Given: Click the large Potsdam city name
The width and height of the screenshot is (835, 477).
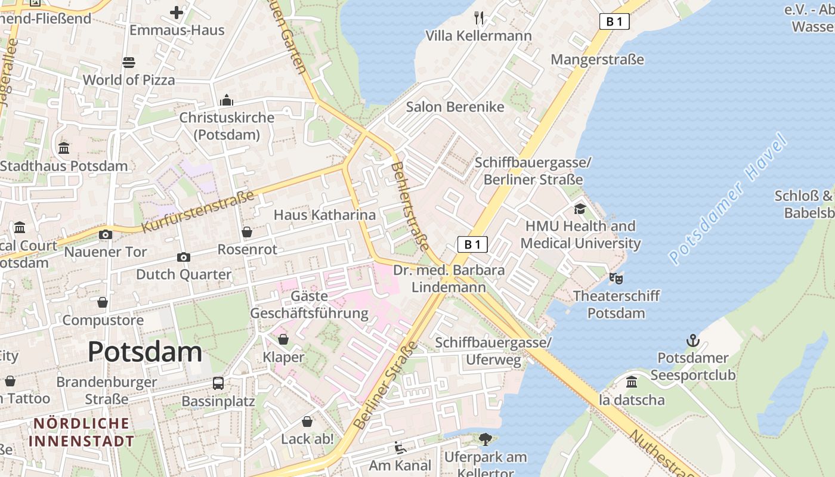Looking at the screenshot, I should [x=145, y=352].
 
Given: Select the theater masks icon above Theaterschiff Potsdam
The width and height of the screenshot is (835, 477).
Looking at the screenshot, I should [x=616, y=278].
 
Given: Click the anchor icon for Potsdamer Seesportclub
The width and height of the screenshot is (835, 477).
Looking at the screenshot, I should [x=692, y=340].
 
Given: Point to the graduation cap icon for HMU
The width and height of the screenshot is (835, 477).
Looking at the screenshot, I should [x=580, y=209].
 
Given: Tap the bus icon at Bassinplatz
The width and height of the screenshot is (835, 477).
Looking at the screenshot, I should [x=218, y=383].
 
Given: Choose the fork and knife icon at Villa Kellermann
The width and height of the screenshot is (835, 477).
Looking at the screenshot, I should [x=478, y=18].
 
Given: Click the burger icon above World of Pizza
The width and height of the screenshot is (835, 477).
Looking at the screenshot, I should [x=129, y=62].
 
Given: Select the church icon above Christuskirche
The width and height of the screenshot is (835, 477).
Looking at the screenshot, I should [x=227, y=100].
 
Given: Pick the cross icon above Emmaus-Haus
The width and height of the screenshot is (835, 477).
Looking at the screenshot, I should [x=177, y=12].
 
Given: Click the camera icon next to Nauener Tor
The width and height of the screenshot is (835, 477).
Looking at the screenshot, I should [x=106, y=234].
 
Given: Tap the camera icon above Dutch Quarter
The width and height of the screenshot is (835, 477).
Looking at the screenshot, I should [x=184, y=257].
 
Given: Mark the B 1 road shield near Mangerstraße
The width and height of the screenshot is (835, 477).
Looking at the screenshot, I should [x=614, y=22].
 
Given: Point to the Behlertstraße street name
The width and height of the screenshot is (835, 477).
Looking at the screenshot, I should [x=410, y=206].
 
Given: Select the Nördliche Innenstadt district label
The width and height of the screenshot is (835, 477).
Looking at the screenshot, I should [x=81, y=432].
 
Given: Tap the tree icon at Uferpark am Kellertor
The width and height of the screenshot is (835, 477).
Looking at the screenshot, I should [x=485, y=439].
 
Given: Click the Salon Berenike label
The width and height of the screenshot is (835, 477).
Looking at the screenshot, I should [x=455, y=107].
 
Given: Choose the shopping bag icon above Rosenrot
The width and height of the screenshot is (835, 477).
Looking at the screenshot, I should [x=247, y=231].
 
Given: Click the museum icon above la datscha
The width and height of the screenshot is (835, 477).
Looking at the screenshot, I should [x=632, y=382].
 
